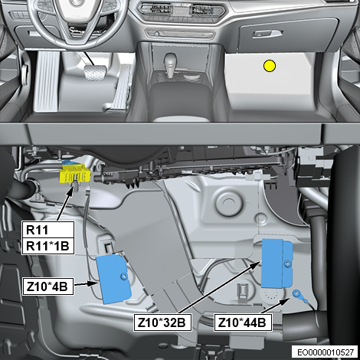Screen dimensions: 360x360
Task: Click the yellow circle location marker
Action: point(270,66)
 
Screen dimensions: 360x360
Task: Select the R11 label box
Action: point(48,230)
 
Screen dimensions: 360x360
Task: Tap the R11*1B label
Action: point(48,246)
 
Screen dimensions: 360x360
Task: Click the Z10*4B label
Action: point(47,286)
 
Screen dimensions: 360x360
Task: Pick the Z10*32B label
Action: point(162,322)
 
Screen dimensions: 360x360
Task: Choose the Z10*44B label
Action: point(243,322)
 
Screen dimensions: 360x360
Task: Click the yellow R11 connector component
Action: point(74,174)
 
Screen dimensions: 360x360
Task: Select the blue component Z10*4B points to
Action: point(113,280)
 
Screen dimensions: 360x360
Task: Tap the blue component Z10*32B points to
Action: point(277,263)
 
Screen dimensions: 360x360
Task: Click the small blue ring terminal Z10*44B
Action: point(297,293)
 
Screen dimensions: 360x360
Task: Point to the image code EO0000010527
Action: point(326,352)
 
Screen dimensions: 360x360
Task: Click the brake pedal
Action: point(95,73)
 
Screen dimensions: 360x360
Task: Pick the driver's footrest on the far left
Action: point(47,81)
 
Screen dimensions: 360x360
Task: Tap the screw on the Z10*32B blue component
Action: point(288,263)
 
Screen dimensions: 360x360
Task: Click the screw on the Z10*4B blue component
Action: point(124,277)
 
